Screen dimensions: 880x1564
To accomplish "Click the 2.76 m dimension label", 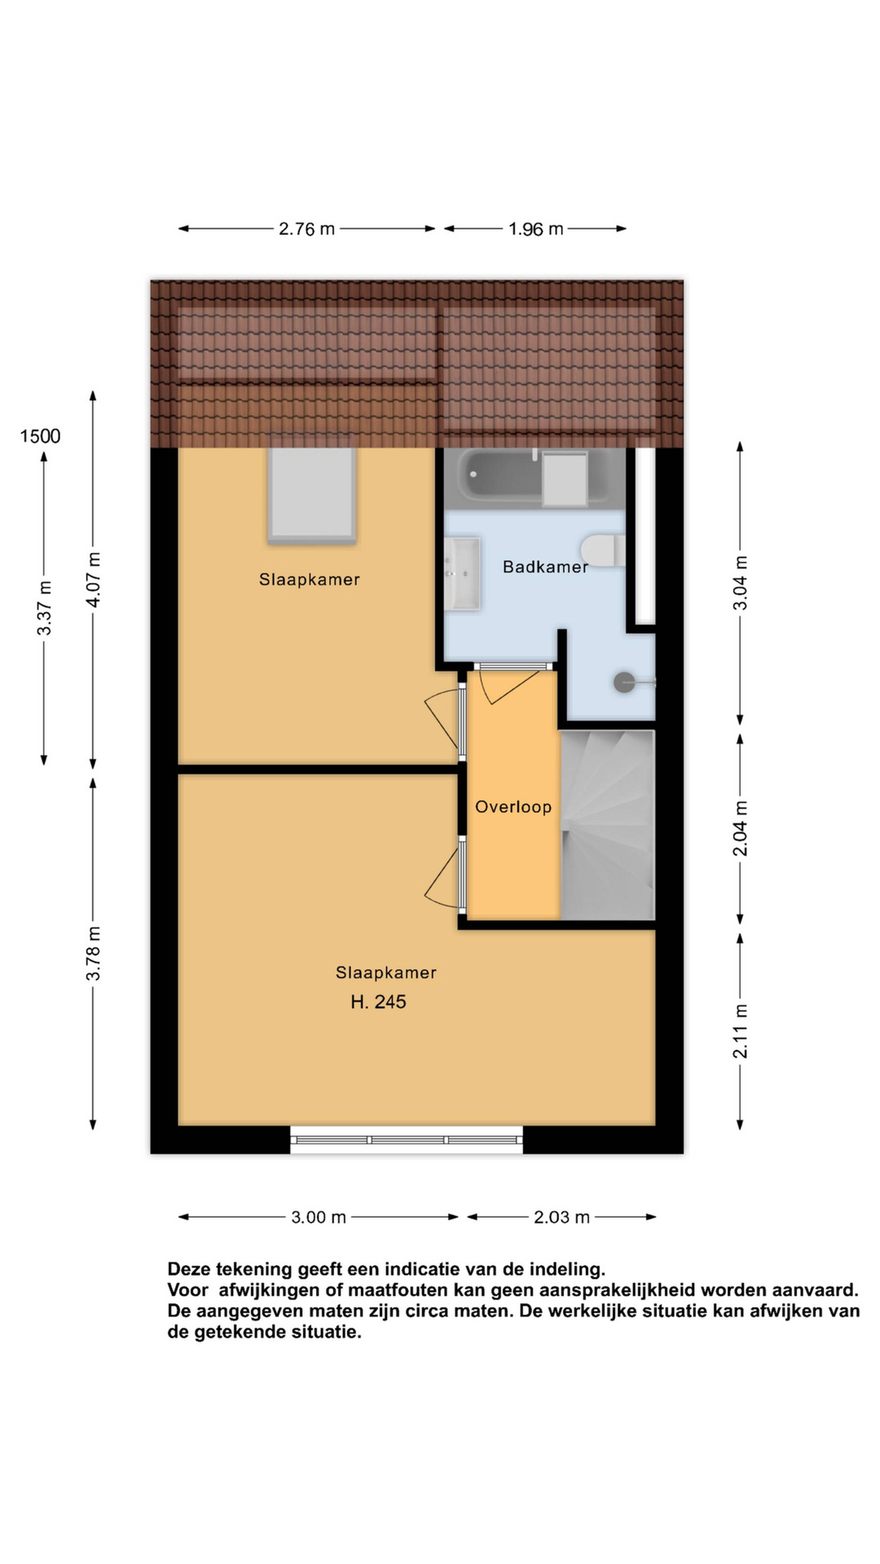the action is (307, 229).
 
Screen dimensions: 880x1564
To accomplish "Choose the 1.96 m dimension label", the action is (536, 229).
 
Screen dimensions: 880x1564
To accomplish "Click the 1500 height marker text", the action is (40, 436).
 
